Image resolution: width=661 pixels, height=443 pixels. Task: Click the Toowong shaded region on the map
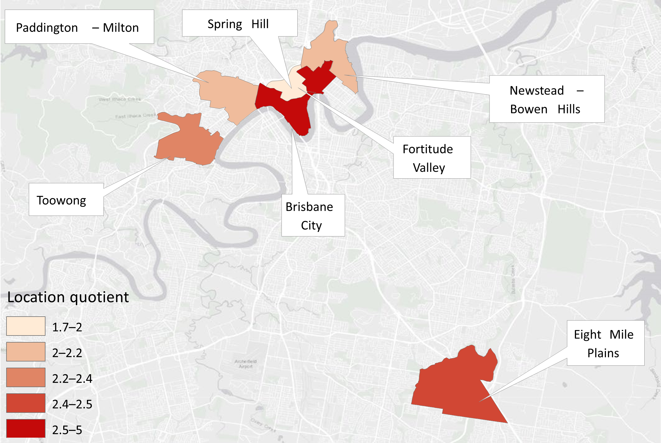(x=189, y=141)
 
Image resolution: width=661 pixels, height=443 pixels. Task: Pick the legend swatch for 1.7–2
(x=26, y=326)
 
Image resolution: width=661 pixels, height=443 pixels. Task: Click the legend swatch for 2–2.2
(x=26, y=352)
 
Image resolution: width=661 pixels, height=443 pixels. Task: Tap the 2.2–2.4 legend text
(x=72, y=379)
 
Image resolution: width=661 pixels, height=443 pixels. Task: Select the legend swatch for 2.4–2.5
(x=26, y=403)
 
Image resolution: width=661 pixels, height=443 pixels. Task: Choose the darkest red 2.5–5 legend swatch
(x=26, y=429)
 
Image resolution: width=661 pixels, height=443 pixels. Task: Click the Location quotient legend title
(x=68, y=297)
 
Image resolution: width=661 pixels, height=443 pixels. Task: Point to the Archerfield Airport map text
(x=245, y=364)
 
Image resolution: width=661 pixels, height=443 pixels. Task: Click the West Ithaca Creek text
(x=120, y=99)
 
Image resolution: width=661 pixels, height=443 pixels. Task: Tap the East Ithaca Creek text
(x=136, y=116)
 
